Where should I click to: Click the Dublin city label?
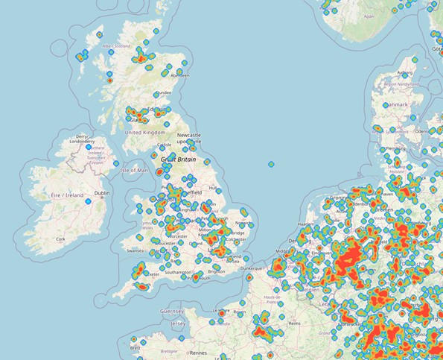[101, 193]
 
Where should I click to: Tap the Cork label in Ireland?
[60, 239]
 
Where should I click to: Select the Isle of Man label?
[134, 170]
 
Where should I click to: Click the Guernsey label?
[173, 312]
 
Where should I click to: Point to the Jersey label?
[178, 324]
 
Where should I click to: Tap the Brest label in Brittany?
[135, 347]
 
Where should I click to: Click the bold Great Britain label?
[179, 158]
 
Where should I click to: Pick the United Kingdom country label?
[145, 132]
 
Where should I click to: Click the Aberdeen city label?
[179, 75]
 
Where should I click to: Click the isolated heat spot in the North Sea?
[271, 164]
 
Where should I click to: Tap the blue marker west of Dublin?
[88, 200]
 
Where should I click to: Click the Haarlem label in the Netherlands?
[306, 223]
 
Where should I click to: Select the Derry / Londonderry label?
[82, 138]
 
